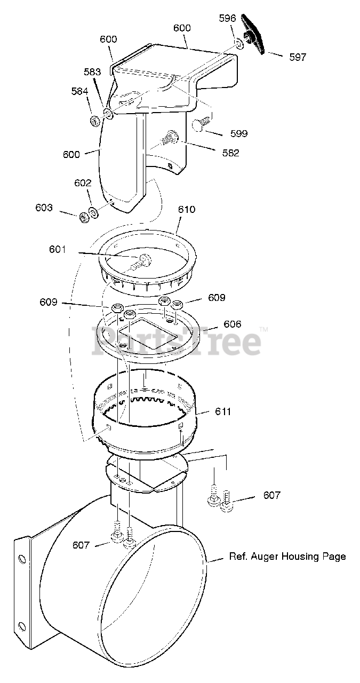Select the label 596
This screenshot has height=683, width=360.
coord(227,18)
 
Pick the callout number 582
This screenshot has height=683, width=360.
coord(230,153)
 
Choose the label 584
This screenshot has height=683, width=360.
coord(80,91)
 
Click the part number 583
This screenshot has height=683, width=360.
coord(92,72)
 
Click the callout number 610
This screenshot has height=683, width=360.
coord(187,210)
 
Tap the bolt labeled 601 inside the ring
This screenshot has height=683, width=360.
coord(142,261)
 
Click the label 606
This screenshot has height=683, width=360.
coord(233,324)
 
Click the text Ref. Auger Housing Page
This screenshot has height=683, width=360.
coord(287,557)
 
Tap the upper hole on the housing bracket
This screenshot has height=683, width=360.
coord(22,559)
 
